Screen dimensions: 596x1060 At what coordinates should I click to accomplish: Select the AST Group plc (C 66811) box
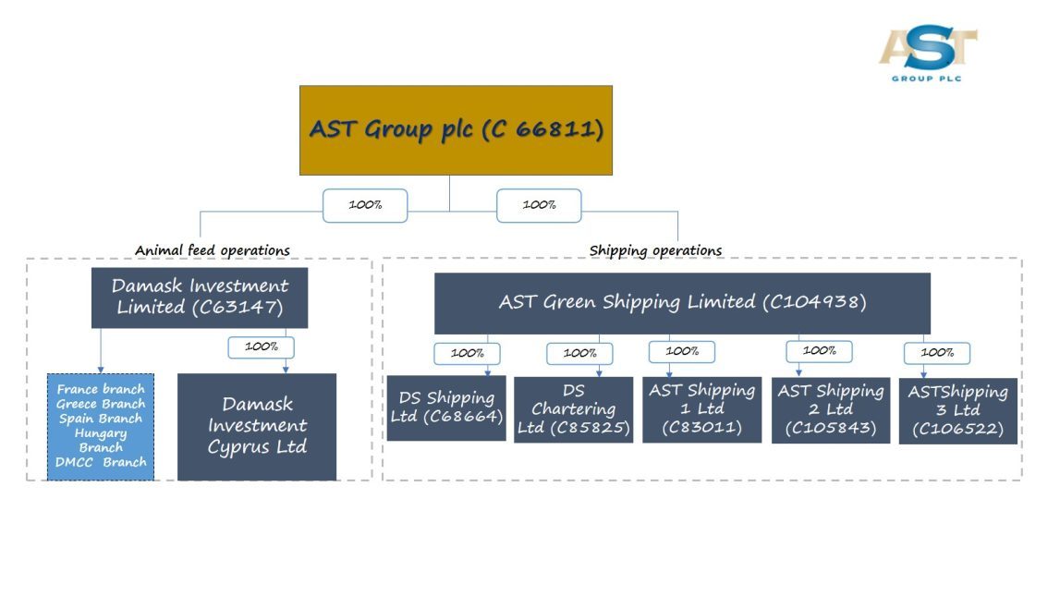click(456, 130)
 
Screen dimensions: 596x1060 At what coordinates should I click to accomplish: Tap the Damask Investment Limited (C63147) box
click(200, 298)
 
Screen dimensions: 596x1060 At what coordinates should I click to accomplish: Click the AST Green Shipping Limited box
click(682, 303)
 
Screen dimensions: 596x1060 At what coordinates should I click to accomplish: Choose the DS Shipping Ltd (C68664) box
click(446, 407)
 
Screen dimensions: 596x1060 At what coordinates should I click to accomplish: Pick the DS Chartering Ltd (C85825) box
click(573, 409)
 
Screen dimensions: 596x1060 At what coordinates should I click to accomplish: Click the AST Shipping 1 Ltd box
click(701, 409)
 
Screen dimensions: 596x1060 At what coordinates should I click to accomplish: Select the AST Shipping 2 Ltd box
click(830, 409)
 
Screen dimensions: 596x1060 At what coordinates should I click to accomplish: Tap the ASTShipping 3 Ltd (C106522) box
click(957, 410)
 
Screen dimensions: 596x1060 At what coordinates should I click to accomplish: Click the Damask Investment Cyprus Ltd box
click(257, 426)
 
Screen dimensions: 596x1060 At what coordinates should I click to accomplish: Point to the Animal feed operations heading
click(213, 250)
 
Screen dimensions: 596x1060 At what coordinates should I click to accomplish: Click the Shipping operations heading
click(655, 250)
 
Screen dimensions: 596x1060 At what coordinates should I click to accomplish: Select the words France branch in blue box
click(101, 389)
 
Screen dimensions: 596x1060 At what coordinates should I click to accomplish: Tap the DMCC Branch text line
click(101, 462)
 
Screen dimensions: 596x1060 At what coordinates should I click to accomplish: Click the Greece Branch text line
click(101, 404)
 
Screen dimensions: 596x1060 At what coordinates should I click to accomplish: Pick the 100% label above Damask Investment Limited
click(365, 205)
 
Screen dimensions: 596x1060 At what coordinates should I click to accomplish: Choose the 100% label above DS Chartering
click(579, 353)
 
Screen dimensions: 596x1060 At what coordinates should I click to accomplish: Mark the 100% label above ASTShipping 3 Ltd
click(937, 352)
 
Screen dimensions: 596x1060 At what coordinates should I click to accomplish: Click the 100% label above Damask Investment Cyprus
click(261, 347)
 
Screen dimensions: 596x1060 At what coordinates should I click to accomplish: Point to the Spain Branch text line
click(101, 419)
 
